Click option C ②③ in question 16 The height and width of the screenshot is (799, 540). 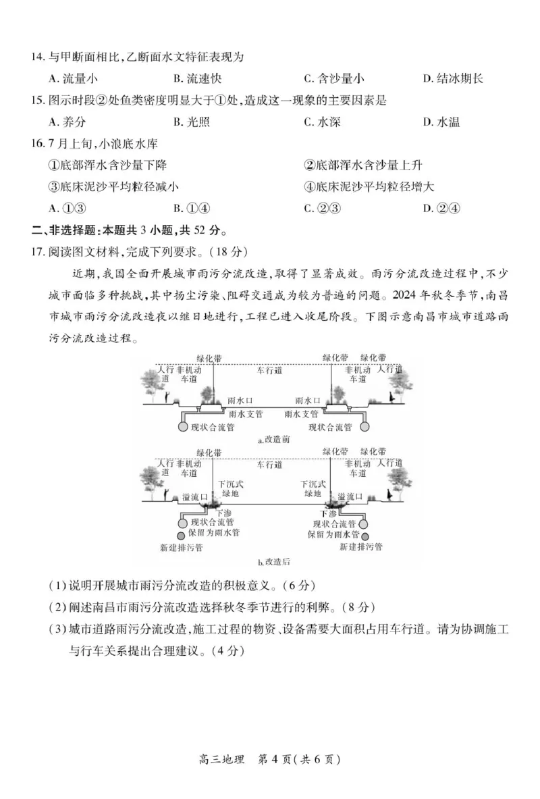click(321, 208)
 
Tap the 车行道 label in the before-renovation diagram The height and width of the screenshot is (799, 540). click(269, 371)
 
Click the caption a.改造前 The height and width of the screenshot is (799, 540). click(273, 440)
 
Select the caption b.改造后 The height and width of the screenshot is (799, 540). click(273, 561)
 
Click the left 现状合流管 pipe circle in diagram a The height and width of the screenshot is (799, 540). click(183, 427)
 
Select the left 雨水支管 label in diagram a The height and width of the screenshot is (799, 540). click(246, 413)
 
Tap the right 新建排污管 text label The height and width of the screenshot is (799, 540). click(360, 546)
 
